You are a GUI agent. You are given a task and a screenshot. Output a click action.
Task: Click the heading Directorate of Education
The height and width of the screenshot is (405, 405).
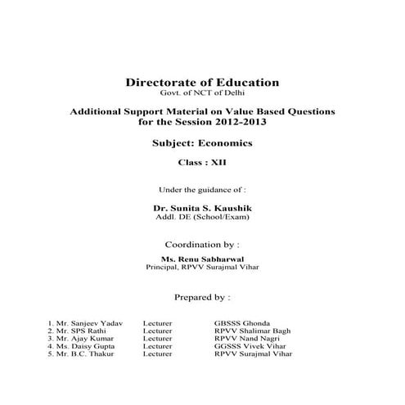coord(202,83)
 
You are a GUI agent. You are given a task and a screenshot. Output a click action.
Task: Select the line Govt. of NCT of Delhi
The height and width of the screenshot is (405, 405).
coord(202,93)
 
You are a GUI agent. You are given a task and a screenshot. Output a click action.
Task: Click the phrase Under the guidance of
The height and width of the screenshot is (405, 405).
coord(202,190)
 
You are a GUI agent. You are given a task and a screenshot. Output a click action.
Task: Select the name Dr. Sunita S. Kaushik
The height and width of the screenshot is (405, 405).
coord(202,209)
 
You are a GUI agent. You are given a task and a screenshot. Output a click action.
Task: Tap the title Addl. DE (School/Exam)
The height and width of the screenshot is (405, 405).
coord(202,218)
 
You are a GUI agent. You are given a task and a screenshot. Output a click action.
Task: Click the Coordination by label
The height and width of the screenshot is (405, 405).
coord(202,244)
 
